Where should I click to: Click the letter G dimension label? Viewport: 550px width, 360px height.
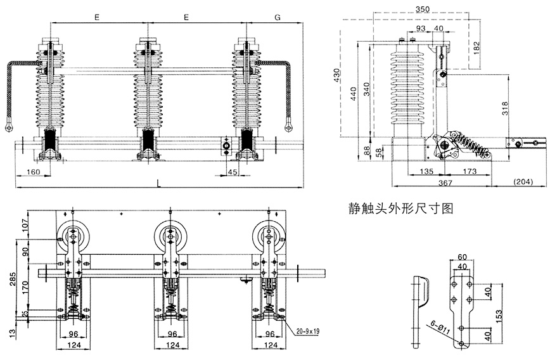tap(278, 18)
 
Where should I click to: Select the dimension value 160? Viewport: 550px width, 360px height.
tap(34, 172)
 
